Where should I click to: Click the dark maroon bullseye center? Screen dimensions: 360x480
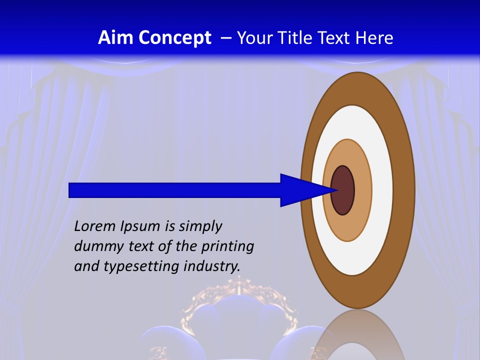pos(343,190)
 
